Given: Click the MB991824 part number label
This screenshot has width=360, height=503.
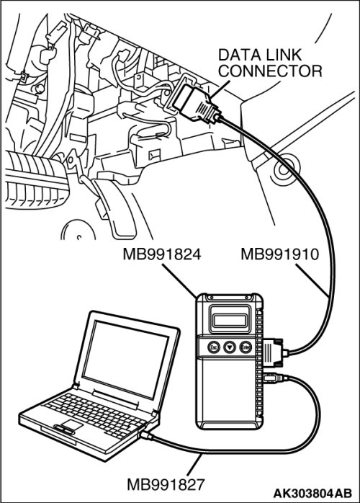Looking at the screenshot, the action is (x=162, y=254).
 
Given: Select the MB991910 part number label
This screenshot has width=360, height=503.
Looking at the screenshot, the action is (x=279, y=254).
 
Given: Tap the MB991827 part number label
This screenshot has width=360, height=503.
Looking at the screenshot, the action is (x=166, y=484).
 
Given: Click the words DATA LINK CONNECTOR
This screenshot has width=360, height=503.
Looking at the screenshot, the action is (x=270, y=63).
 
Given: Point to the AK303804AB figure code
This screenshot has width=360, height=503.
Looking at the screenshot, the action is (x=312, y=493).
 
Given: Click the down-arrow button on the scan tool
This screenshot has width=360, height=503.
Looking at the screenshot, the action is (x=230, y=347).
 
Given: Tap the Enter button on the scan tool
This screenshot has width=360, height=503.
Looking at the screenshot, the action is (x=246, y=347).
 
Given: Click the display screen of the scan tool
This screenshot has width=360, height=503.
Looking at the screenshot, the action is (x=230, y=319).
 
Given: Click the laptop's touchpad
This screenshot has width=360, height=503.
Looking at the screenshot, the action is (x=69, y=425).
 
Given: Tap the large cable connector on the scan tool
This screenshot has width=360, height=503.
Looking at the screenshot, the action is (x=274, y=352).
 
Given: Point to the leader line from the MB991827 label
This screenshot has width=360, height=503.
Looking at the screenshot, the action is (x=194, y=465).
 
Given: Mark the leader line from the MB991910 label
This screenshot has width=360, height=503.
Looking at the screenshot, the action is (x=311, y=279).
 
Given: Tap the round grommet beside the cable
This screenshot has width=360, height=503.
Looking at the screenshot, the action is (x=284, y=169).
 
